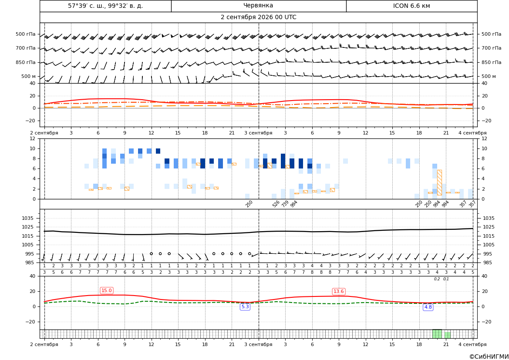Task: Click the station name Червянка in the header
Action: (x=258, y=6)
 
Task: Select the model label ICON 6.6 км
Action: (x=411, y=6)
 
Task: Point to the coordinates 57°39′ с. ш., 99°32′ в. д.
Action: (x=105, y=6)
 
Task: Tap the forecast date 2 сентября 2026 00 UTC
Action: (x=258, y=17)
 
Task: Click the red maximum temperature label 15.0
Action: (x=107, y=290)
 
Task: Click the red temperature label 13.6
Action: (x=339, y=292)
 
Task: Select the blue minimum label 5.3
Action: (x=245, y=307)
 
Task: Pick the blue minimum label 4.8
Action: (x=428, y=307)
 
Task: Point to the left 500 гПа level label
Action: (x=26, y=34)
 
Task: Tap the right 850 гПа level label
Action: (x=492, y=62)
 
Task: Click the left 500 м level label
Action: (x=29, y=77)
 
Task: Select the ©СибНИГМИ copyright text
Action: (x=489, y=357)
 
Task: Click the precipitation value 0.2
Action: (x=437, y=279)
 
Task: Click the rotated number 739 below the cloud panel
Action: (x=285, y=204)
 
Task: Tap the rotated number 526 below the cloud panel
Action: (x=276, y=204)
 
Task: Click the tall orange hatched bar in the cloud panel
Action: (x=439, y=182)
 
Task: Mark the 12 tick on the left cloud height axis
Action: (x=33, y=138)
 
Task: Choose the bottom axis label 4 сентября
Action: (x=472, y=344)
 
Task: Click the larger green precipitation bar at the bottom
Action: (x=437, y=334)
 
